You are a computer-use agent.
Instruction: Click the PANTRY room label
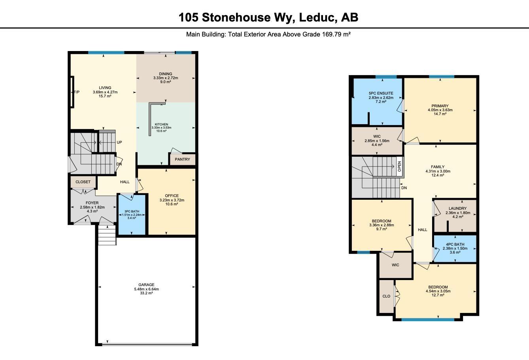182,159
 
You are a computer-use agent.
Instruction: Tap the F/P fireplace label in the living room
77,92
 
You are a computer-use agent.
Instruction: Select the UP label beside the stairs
119,142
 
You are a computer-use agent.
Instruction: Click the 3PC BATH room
132,215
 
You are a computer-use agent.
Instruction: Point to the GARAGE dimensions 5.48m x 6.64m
146,289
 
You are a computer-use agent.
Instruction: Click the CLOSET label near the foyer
83,182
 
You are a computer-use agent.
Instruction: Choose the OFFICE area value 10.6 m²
172,204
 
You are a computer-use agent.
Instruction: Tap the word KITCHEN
162,124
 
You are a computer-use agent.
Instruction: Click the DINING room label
166,74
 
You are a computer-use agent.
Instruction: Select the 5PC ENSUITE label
381,93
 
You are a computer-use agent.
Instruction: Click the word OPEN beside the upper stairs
399,167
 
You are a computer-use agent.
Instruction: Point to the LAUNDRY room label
458,208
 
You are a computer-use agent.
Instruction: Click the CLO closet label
386,296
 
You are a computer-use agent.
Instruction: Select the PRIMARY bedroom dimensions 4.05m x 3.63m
440,110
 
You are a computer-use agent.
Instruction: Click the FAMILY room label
438,167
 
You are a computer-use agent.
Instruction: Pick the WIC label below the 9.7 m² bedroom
395,265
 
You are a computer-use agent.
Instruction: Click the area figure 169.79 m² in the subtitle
336,34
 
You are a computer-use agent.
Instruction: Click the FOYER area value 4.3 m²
92,211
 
